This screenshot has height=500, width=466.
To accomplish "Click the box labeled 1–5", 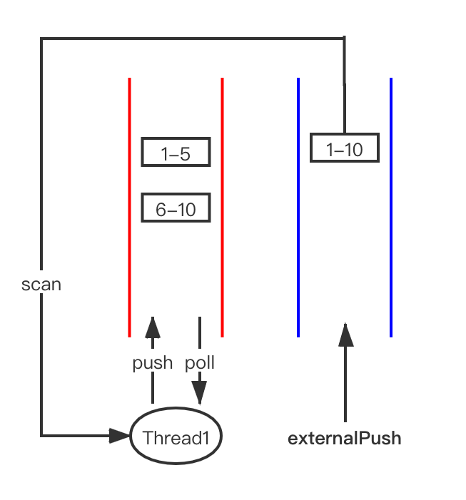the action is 176,152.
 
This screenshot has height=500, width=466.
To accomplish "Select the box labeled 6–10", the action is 176,208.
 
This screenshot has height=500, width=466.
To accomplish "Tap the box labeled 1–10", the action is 345,148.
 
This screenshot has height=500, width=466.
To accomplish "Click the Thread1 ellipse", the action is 176,436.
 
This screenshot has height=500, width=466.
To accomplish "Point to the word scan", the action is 41,285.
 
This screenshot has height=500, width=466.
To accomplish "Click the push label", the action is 153,363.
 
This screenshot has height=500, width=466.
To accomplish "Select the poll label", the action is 200,363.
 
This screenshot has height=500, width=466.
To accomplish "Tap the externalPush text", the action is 345,438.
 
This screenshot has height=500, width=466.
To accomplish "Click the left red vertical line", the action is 129,208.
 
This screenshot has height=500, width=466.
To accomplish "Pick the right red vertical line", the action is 223,208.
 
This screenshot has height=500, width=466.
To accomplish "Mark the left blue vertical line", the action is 298,208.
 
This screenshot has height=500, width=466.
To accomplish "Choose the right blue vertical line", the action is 391,208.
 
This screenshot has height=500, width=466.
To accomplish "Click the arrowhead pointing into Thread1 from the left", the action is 119,436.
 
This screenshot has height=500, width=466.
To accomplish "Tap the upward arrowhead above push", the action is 153,327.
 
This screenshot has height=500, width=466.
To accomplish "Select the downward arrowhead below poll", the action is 200,393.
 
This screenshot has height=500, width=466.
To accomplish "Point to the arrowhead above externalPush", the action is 345,335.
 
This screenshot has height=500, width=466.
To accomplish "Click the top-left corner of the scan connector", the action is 41,39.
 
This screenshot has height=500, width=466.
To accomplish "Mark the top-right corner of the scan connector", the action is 345,39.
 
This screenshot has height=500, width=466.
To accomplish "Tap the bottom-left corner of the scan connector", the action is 41,436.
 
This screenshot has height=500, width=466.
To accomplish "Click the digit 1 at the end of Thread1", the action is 206,438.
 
